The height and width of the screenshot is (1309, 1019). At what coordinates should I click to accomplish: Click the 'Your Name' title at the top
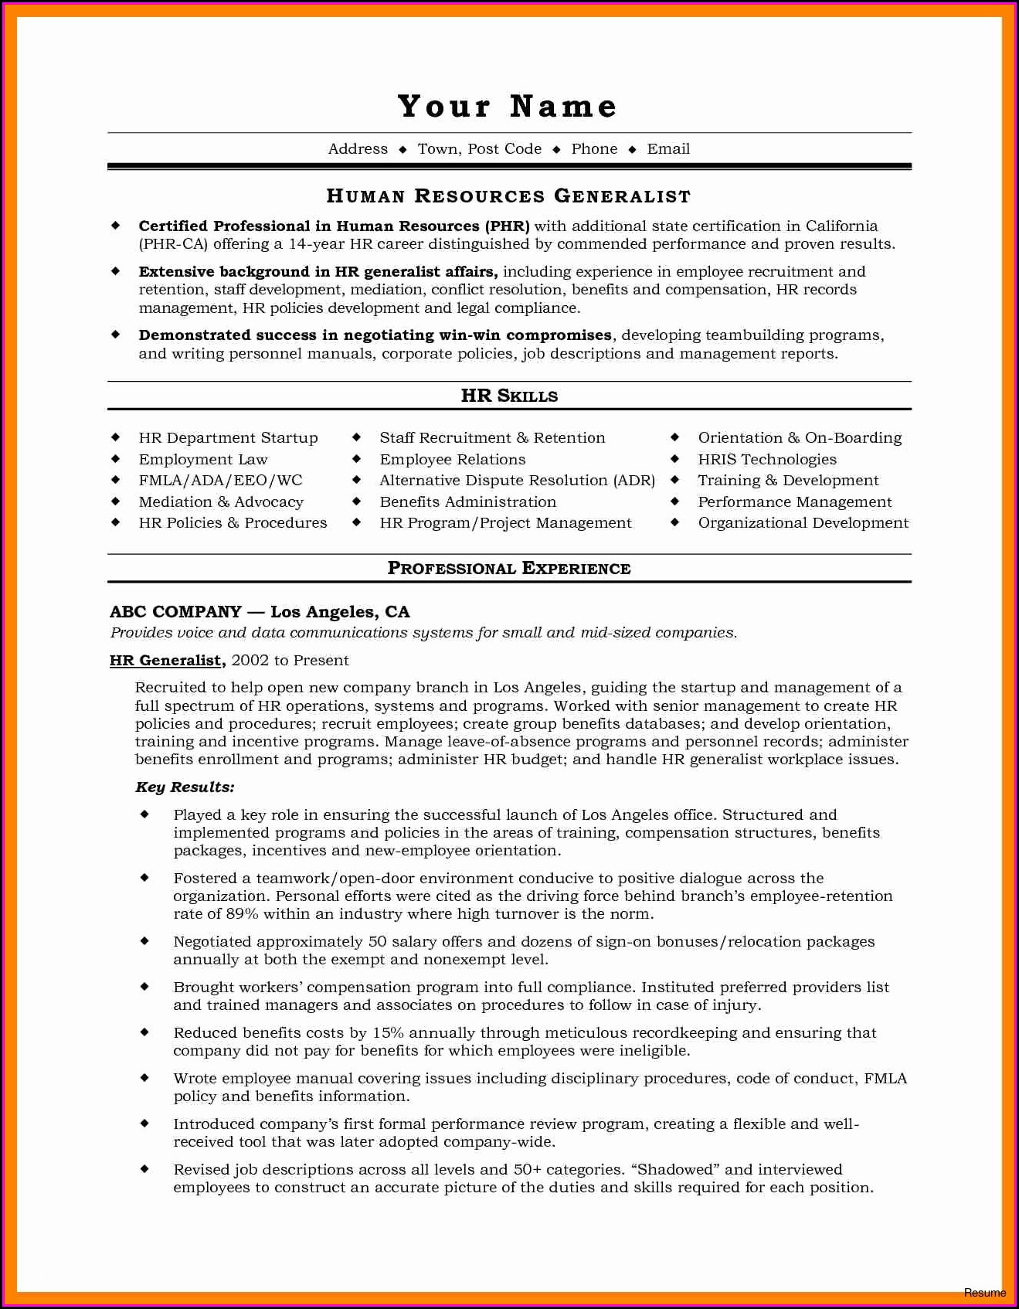tap(508, 107)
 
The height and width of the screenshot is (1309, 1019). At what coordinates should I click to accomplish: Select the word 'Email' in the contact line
tap(668, 149)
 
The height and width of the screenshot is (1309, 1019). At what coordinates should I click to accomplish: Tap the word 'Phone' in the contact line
tap(594, 149)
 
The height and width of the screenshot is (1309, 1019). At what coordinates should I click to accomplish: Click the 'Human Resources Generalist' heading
tap(508, 196)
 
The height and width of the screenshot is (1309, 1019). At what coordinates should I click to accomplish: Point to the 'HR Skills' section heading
tap(509, 396)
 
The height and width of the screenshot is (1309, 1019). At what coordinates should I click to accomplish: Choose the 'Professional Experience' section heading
tap(509, 569)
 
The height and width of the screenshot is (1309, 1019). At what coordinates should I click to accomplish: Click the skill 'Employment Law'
tap(203, 460)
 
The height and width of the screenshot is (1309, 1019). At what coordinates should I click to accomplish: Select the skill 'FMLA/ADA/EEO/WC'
tap(220, 481)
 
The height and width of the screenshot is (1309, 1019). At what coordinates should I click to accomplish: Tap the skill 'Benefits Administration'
tap(467, 502)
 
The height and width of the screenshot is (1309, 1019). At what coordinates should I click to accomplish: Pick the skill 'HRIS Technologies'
tap(767, 460)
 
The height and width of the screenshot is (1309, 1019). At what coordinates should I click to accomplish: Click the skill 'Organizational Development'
tap(803, 523)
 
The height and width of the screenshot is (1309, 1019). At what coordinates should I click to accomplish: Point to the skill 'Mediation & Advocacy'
tap(221, 502)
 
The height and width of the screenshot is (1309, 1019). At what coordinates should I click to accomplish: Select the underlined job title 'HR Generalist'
tap(166, 661)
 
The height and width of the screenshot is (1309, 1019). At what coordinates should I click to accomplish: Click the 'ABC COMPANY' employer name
tap(176, 612)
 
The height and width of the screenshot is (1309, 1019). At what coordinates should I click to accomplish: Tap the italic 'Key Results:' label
tap(185, 787)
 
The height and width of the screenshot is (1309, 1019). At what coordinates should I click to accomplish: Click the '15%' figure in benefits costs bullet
tap(388, 1033)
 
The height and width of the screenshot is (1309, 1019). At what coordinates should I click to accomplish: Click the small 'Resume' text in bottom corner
tap(985, 1293)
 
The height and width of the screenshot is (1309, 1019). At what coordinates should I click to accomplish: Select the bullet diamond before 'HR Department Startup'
tap(116, 437)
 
